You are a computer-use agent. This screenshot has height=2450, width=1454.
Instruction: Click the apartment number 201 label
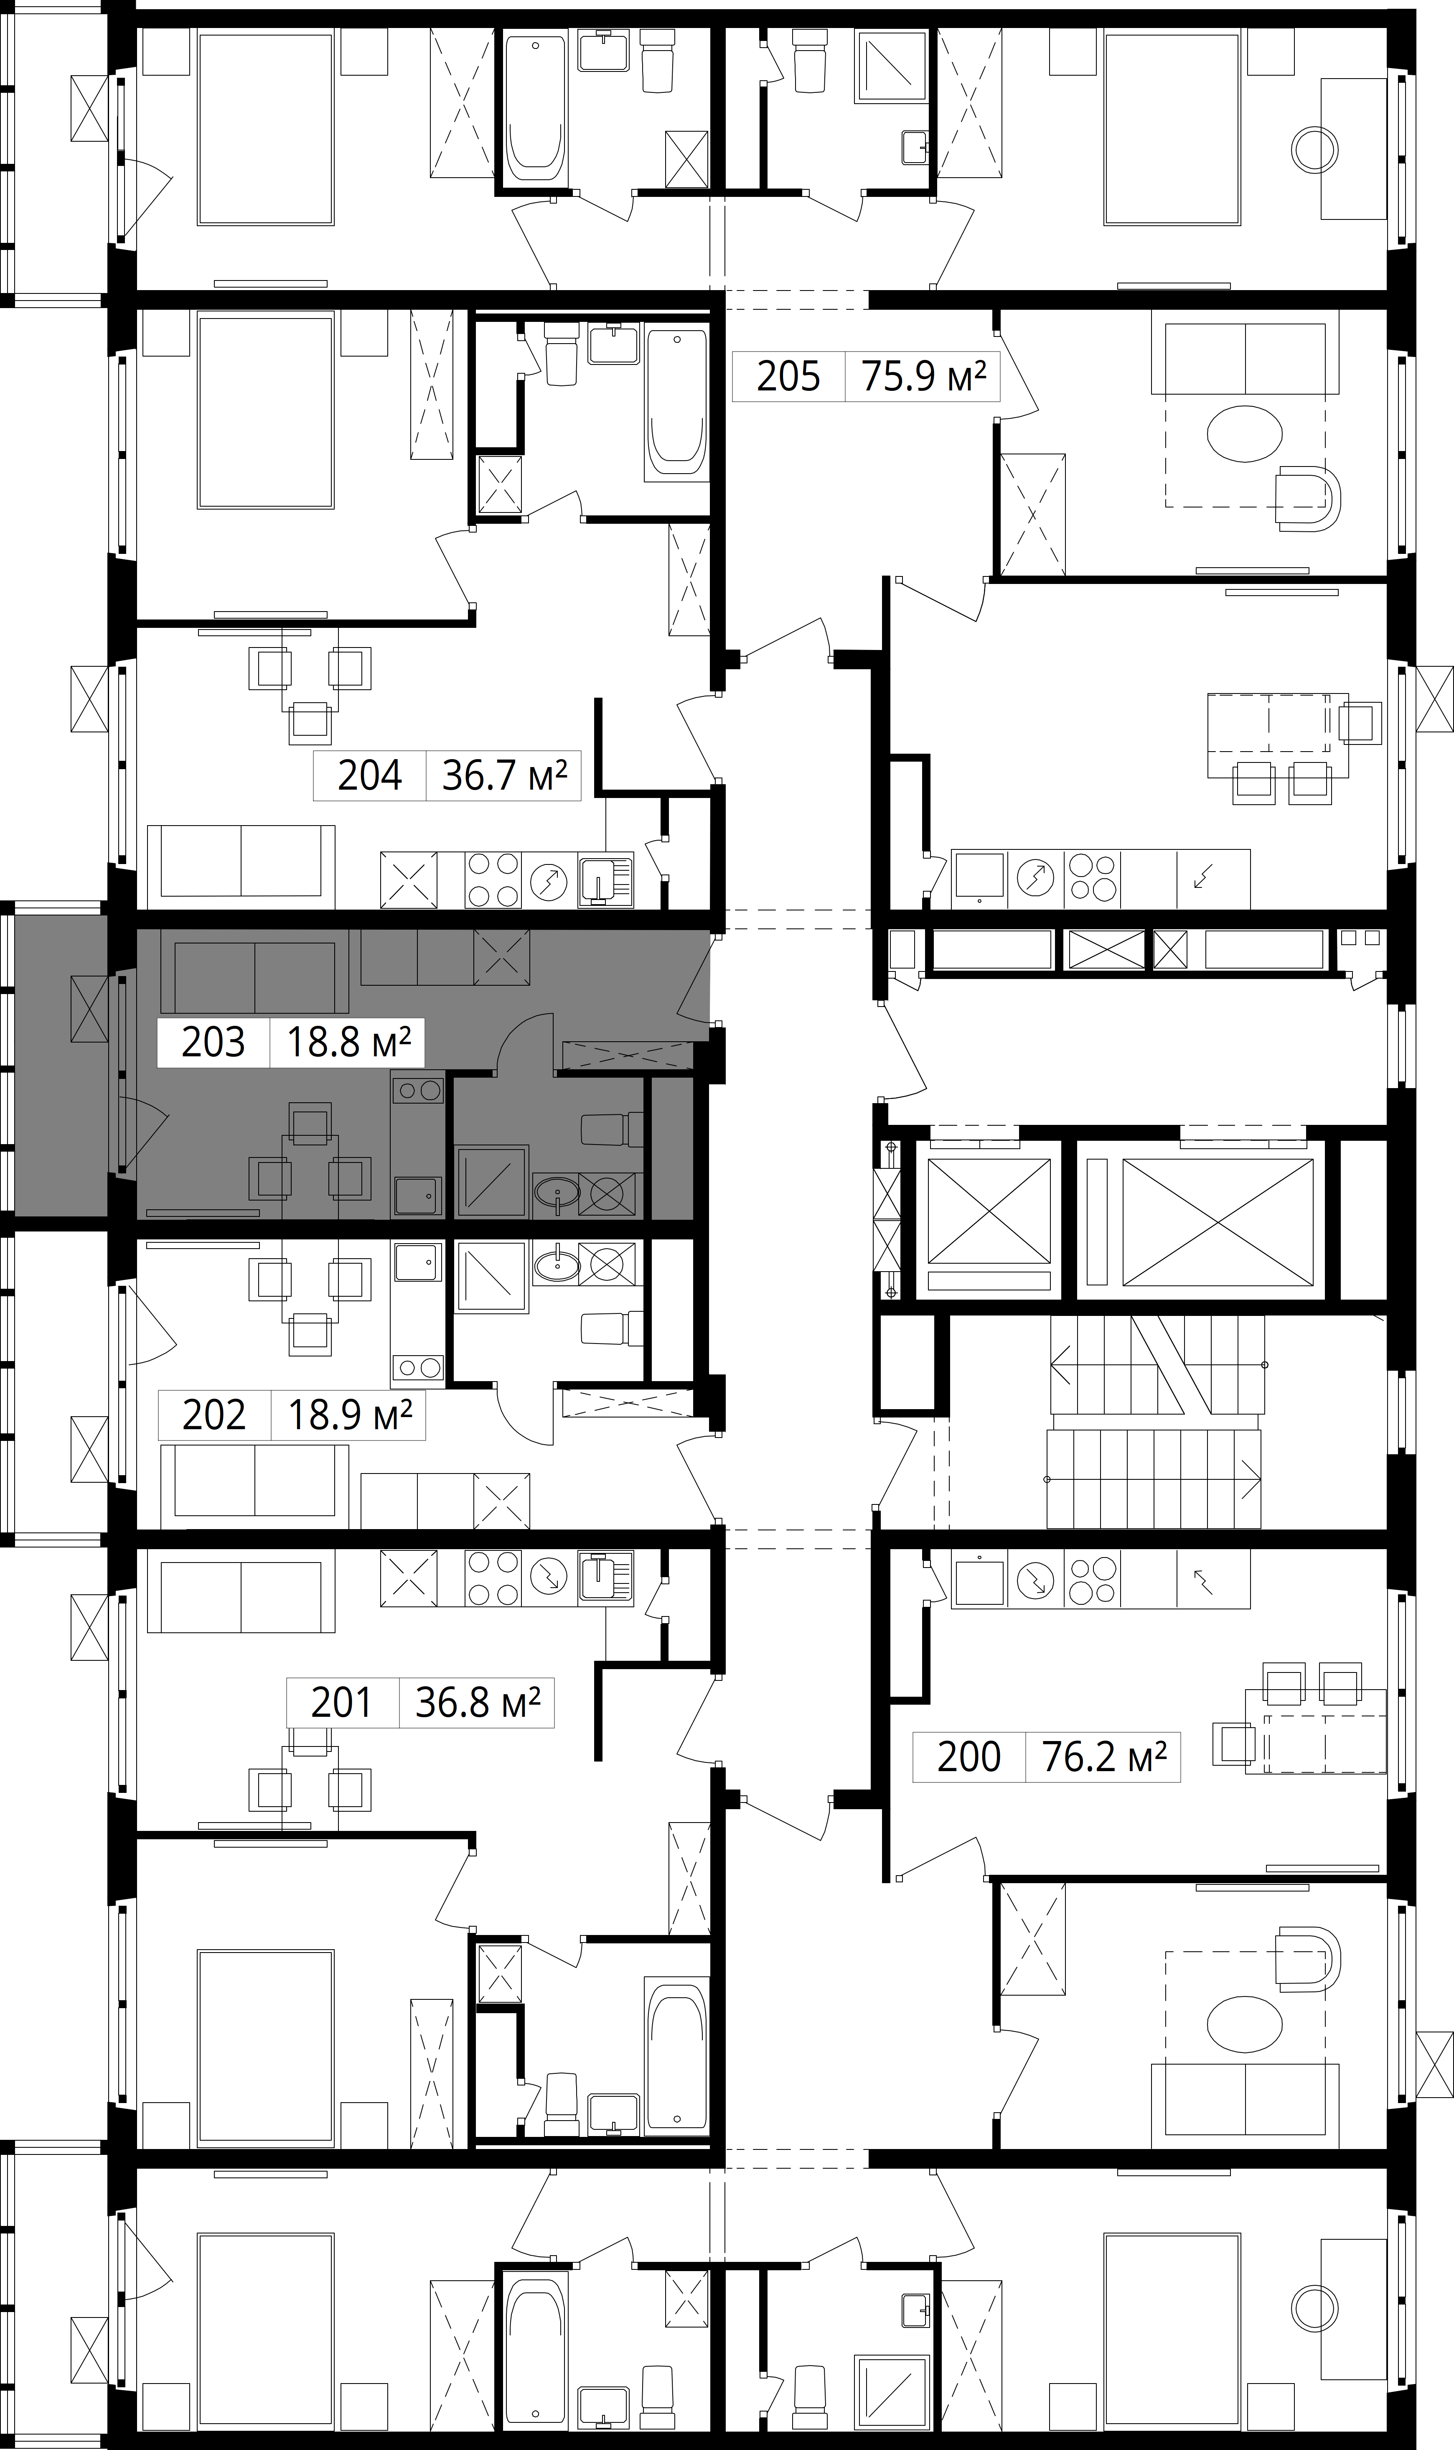(x=341, y=1702)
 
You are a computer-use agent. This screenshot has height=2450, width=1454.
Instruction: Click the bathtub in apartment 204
(x=676, y=405)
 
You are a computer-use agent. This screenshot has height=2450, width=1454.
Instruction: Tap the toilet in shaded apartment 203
(x=613, y=1129)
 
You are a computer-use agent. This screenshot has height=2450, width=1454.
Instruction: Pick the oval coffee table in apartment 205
(x=1244, y=433)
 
